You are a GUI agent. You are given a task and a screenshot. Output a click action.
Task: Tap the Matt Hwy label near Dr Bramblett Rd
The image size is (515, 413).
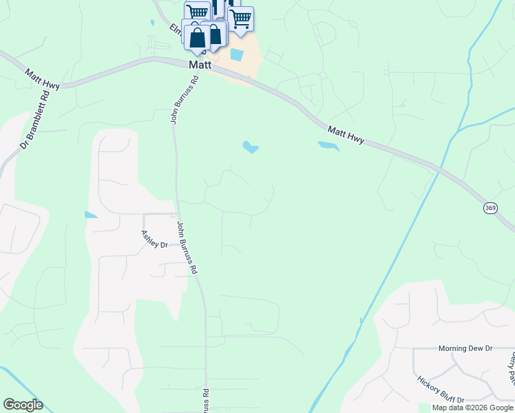tap(43, 78)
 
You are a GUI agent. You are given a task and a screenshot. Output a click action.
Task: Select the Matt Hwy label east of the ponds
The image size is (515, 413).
tap(346, 134)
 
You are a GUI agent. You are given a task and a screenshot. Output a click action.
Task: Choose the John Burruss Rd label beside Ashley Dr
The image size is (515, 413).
tap(188, 248)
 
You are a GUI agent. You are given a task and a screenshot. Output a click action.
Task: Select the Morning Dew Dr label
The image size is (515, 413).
tap(465, 349)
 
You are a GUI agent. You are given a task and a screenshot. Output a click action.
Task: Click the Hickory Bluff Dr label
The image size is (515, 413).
tap(441, 389)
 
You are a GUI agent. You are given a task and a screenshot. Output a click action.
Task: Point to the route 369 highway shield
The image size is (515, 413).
tap(490, 208)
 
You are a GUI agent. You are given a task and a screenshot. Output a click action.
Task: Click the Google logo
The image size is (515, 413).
tap(23, 405)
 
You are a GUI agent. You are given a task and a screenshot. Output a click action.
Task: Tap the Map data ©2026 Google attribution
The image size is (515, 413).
tap(472, 407)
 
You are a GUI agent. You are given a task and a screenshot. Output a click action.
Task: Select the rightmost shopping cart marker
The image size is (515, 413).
tap(240, 19)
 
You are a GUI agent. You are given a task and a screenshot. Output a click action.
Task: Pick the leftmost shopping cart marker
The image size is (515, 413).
tap(198, 12)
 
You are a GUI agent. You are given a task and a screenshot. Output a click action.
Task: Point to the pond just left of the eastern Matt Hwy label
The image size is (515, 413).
tap(328, 146)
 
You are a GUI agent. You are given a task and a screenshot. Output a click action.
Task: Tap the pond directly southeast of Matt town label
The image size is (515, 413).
tap(250, 147)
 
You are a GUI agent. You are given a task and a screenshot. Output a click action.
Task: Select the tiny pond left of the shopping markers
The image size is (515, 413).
tap(151, 23)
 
